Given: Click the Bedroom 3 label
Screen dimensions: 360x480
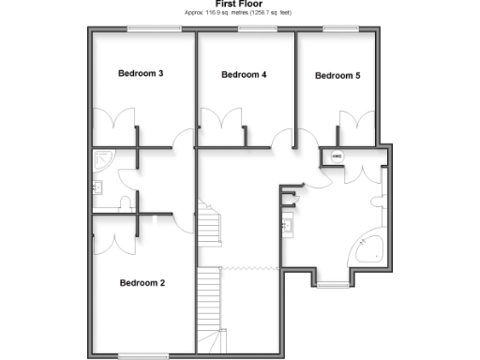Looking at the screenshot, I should click(x=142, y=73).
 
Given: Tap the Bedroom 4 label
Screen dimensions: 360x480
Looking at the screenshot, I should click(x=244, y=74).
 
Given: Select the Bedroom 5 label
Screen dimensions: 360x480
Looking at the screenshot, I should click(x=337, y=76).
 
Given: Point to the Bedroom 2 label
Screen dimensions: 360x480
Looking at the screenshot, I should click(x=142, y=282).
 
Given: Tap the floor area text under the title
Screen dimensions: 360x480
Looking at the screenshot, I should click(x=238, y=12).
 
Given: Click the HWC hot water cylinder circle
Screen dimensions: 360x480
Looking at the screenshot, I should click(x=336, y=157).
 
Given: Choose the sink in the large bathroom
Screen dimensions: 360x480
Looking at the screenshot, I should click(x=289, y=225).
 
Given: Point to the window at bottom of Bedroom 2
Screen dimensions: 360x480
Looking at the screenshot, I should click(x=142, y=354).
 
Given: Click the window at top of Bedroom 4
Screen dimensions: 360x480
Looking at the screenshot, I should click(x=249, y=29).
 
